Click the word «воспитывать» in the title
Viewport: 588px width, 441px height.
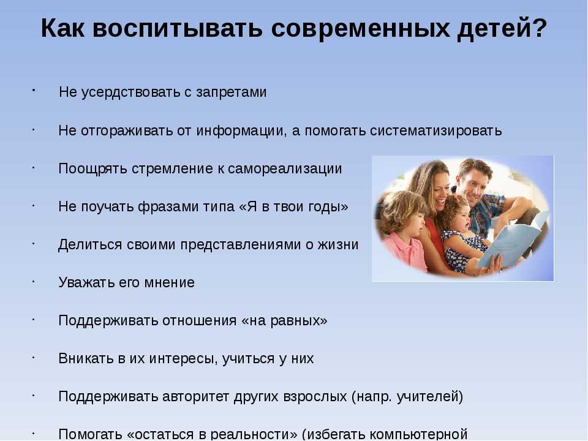(x=177, y=28)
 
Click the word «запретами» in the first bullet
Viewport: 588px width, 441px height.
(x=231, y=93)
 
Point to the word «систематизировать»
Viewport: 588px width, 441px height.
(x=435, y=131)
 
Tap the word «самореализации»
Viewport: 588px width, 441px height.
(x=285, y=169)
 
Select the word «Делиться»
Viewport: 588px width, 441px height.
(x=91, y=245)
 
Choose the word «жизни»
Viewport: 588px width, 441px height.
(x=338, y=245)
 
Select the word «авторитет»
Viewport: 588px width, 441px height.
(x=196, y=397)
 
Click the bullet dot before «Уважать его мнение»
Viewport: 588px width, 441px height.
(x=33, y=281)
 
